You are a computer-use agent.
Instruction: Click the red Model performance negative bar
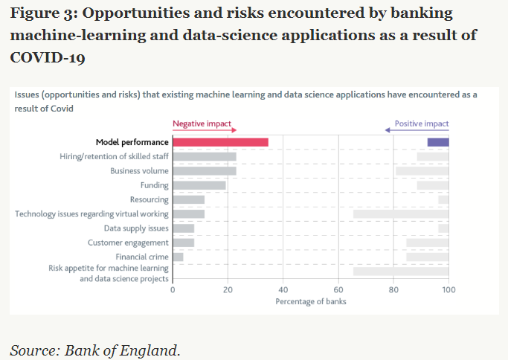click(220, 142)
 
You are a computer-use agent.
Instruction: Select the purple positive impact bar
click(437, 142)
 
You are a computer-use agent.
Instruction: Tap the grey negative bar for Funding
click(199, 185)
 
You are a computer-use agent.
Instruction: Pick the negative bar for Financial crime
click(178, 257)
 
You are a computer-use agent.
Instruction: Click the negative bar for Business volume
click(205, 171)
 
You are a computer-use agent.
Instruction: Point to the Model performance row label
click(132, 142)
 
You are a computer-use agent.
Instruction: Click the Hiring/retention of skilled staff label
click(114, 156)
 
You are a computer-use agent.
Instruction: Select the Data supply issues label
click(136, 228)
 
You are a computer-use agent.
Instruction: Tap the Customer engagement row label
click(128, 242)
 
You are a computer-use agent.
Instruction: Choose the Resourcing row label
click(149, 199)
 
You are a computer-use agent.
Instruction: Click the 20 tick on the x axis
click(228, 290)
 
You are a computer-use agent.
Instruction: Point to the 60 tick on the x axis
click(338, 290)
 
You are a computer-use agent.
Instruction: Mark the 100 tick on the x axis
click(448, 290)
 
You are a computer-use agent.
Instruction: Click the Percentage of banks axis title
click(310, 301)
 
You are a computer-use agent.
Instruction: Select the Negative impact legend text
click(202, 123)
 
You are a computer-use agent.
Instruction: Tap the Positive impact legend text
click(421, 123)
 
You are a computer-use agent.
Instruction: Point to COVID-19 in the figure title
click(48, 57)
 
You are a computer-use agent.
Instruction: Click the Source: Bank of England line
click(95, 349)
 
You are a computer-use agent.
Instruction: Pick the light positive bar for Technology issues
click(400, 214)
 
